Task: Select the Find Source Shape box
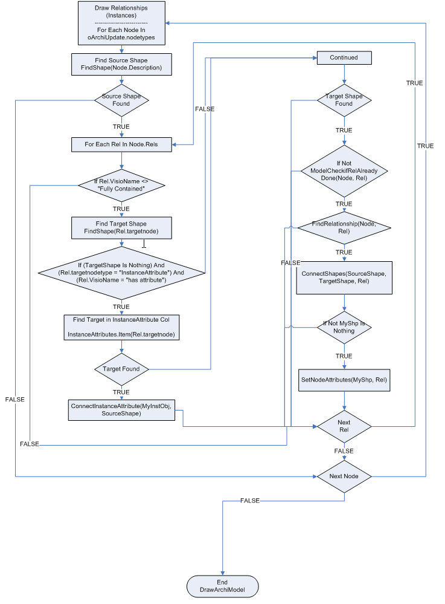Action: tap(121, 64)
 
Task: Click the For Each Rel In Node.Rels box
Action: tap(121, 144)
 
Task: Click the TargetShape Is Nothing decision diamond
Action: tap(121, 272)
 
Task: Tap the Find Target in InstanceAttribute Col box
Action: tap(121, 327)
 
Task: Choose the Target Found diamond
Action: tap(121, 369)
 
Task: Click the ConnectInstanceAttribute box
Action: tap(121, 409)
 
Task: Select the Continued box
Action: tap(344, 57)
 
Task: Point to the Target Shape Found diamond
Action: tap(344, 100)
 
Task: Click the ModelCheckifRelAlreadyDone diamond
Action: tap(344, 170)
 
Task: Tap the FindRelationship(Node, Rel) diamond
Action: tap(344, 228)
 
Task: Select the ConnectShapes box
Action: tap(344, 278)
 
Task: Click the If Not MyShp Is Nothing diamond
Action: tap(344, 327)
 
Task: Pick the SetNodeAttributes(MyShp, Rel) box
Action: tap(344, 380)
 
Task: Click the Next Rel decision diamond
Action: tap(344, 426)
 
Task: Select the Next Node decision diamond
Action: tap(344, 476)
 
